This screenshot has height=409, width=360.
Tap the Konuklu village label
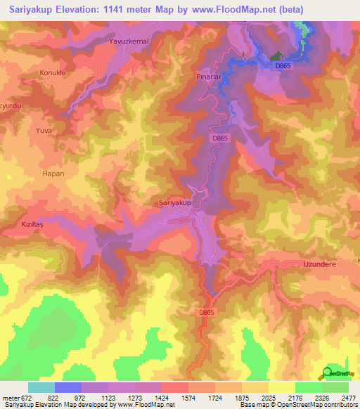point(33,72)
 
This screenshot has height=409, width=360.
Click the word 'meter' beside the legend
point(9,397)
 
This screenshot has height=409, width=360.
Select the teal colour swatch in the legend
point(41,387)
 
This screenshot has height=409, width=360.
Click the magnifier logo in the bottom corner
point(328,372)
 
